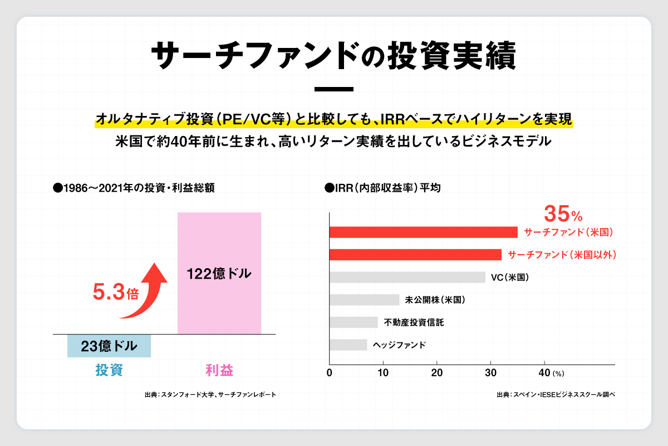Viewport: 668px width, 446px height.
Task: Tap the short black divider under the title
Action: click(x=334, y=89)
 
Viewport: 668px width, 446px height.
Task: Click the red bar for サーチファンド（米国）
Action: click(x=423, y=232)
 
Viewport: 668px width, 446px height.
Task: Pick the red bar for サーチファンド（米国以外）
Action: click(x=415, y=255)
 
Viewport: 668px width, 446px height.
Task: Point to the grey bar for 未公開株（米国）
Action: click(x=365, y=300)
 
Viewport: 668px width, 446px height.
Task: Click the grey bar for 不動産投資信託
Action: click(x=354, y=322)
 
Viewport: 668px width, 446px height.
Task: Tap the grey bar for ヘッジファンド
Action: click(x=348, y=345)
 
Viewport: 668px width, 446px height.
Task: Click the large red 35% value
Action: click(x=562, y=214)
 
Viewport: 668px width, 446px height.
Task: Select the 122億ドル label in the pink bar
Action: click(x=219, y=274)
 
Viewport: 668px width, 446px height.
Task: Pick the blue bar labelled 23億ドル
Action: click(x=109, y=346)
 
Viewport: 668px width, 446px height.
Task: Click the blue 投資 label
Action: click(x=109, y=370)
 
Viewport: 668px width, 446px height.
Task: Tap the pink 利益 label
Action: click(x=219, y=370)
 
